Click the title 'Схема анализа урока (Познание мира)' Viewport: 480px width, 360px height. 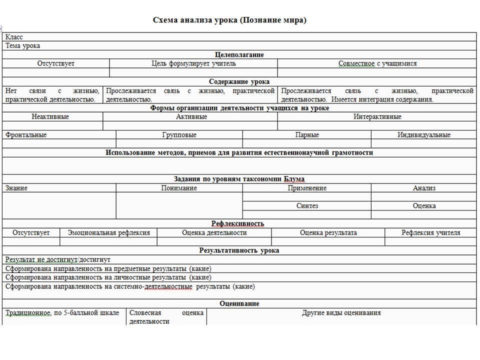coord(229,20)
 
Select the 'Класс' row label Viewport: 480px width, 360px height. coord(14,37)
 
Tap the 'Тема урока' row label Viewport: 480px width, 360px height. coord(22,45)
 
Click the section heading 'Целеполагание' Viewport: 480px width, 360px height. coord(239,54)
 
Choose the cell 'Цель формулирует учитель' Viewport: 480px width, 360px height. coord(193,63)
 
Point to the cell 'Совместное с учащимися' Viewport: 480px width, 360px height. coord(377,63)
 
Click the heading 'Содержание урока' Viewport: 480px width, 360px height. coord(239,81)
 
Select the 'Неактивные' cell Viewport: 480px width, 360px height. coord(50,117)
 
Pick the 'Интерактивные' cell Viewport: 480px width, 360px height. coord(377,117)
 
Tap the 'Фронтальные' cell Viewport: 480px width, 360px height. coord(26,135)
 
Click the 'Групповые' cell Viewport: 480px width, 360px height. coord(179,135)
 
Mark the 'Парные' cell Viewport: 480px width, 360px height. coord(307,135)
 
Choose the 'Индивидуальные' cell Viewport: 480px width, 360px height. coord(424,135)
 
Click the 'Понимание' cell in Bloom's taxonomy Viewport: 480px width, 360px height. coord(179,188)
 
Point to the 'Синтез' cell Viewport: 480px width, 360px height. coord(307,205)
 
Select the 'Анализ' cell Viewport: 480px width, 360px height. coord(424,188)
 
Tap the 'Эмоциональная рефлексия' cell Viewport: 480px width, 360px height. coord(108,232)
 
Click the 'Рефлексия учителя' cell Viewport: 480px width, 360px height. coord(430,232)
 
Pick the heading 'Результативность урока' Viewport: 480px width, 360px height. coord(239,250)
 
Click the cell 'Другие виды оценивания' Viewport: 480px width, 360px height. coord(341,313)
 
